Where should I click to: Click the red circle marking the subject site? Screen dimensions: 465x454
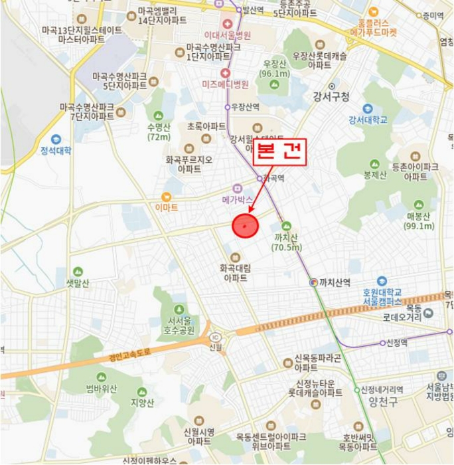tap(244, 226)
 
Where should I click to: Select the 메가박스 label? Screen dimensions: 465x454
tap(238, 199)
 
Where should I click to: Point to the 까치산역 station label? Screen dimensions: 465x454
tap(334, 282)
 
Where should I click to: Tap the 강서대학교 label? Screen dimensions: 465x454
tap(368, 120)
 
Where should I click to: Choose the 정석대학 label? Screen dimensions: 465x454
tap(56, 150)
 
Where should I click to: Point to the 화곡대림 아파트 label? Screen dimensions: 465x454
tap(234, 273)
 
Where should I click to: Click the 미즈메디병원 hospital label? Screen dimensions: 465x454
tap(225, 84)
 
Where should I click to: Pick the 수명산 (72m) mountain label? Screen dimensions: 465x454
tap(159, 132)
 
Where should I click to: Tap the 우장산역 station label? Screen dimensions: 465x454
tap(244, 107)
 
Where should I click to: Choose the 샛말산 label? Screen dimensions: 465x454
tap(78, 282)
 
